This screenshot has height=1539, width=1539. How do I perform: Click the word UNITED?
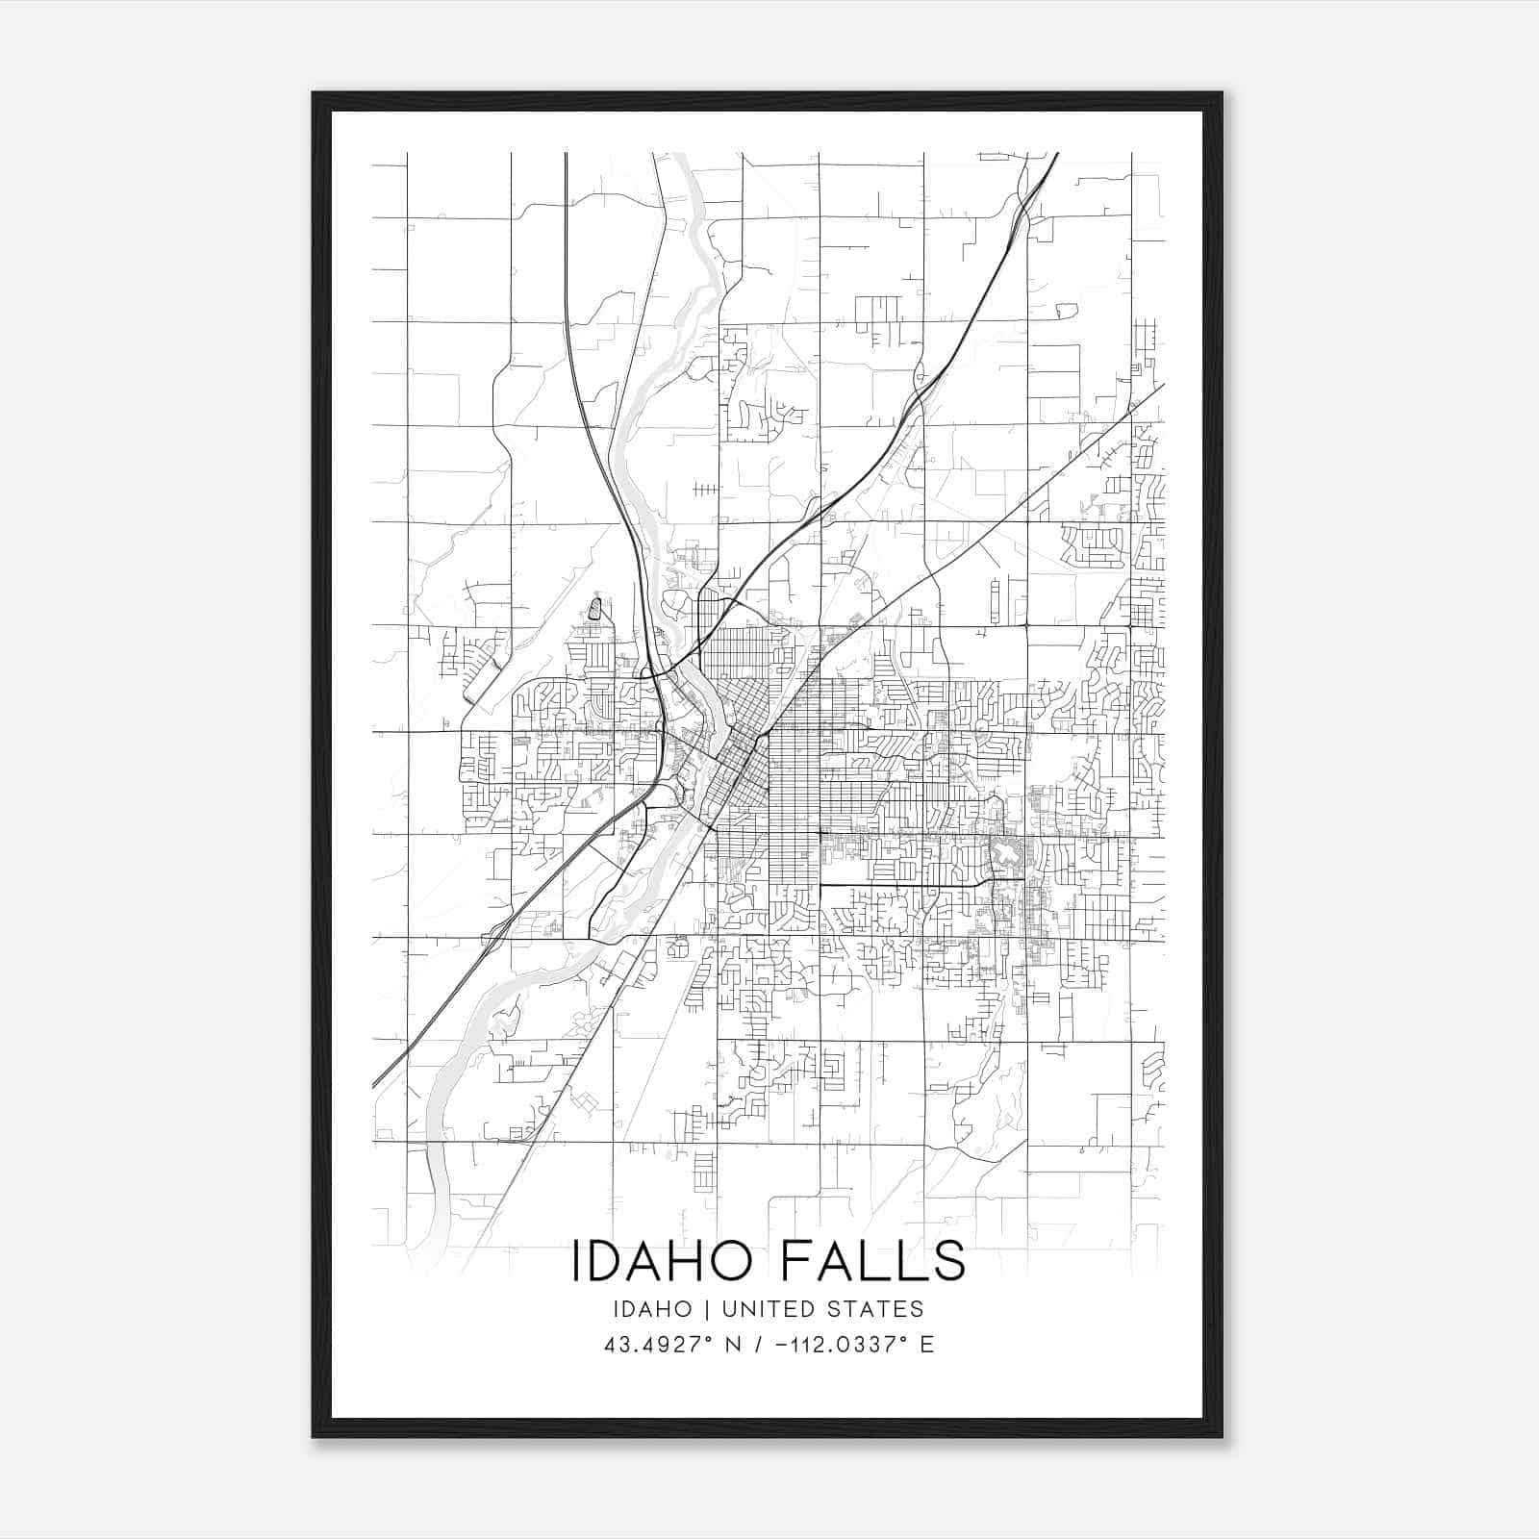point(767,1309)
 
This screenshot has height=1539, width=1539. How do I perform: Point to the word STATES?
point(877,1309)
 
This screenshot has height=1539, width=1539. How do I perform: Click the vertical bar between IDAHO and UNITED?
point(706,1309)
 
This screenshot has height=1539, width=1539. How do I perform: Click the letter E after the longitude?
point(927,1345)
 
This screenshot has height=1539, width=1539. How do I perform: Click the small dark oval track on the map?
point(594,608)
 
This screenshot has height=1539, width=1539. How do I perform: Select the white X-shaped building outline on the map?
point(1006,852)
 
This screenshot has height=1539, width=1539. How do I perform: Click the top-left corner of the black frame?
point(315,94)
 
